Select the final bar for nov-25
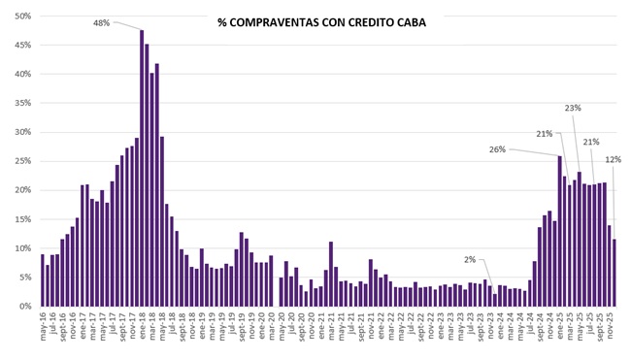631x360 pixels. tap(614, 273)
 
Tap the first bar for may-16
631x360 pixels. tap(43, 280)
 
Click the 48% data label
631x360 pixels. tap(102, 22)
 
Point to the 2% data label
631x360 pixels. tap(470, 259)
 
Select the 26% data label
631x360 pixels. tap(498, 149)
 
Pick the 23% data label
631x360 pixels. tap(573, 108)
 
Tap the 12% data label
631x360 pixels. tap(614, 159)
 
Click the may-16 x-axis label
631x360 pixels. tap(44, 328)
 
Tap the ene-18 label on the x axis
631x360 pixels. tap(143, 328)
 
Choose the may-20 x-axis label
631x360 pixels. tap(282, 328)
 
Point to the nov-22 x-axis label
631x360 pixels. tap(430, 328)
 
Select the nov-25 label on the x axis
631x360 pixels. tap(614, 328)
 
